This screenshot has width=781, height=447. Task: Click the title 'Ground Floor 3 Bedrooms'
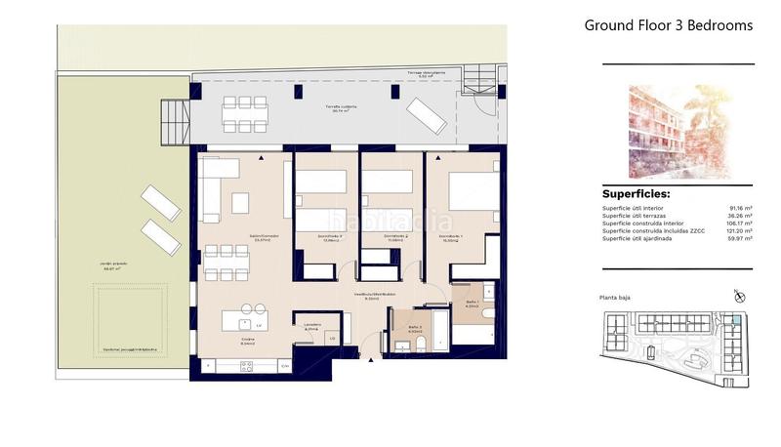[668, 25]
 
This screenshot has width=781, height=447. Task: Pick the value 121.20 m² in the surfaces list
[739, 231]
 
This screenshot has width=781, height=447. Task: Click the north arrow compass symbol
[739, 296]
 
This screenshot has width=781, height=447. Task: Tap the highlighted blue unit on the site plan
[734, 319]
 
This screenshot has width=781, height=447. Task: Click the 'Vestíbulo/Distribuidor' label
[374, 294]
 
